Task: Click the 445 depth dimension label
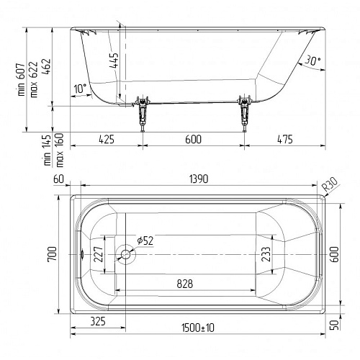coord(114,60)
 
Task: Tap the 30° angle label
coord(312,61)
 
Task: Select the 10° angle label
coord(80,89)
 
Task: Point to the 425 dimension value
coord(107,139)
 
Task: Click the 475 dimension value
coord(285,139)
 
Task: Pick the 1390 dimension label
coord(199,179)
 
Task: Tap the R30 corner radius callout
coord(330,184)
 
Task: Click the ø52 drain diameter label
coord(145,240)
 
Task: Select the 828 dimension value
coord(185,284)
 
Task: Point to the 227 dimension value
coord(99,254)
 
